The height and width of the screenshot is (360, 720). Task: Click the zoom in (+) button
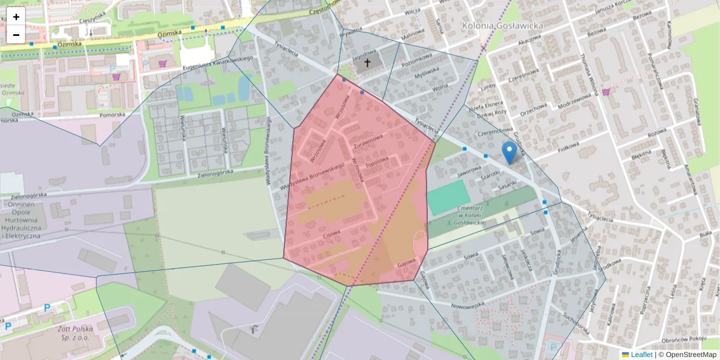[x=16, y=17]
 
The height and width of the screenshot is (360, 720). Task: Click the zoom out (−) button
[x=16, y=35]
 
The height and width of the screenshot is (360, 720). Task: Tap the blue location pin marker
[x=509, y=152]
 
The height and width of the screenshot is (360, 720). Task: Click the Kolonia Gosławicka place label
[x=503, y=26]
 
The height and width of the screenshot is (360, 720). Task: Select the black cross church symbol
[x=367, y=62]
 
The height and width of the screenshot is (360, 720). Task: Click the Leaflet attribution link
[x=641, y=355]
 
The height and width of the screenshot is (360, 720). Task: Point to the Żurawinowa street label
[x=367, y=142]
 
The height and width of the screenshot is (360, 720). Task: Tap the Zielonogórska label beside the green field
[x=223, y=173]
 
